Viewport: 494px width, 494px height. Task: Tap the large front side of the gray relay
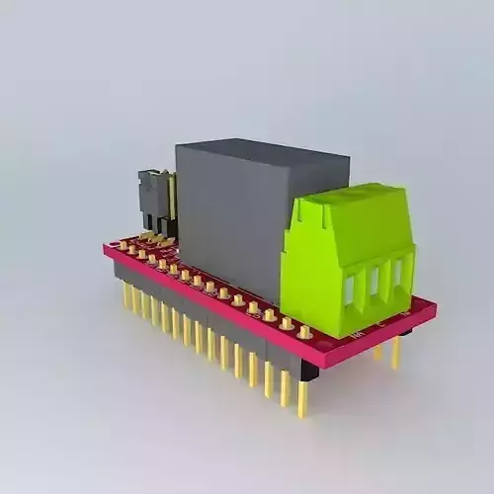(x=232, y=217)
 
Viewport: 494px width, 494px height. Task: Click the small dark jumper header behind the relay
(x=154, y=198)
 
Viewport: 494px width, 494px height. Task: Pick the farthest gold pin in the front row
(x=126, y=295)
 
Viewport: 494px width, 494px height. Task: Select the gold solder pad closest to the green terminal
(x=305, y=332)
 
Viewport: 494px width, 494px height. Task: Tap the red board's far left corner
(x=106, y=246)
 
